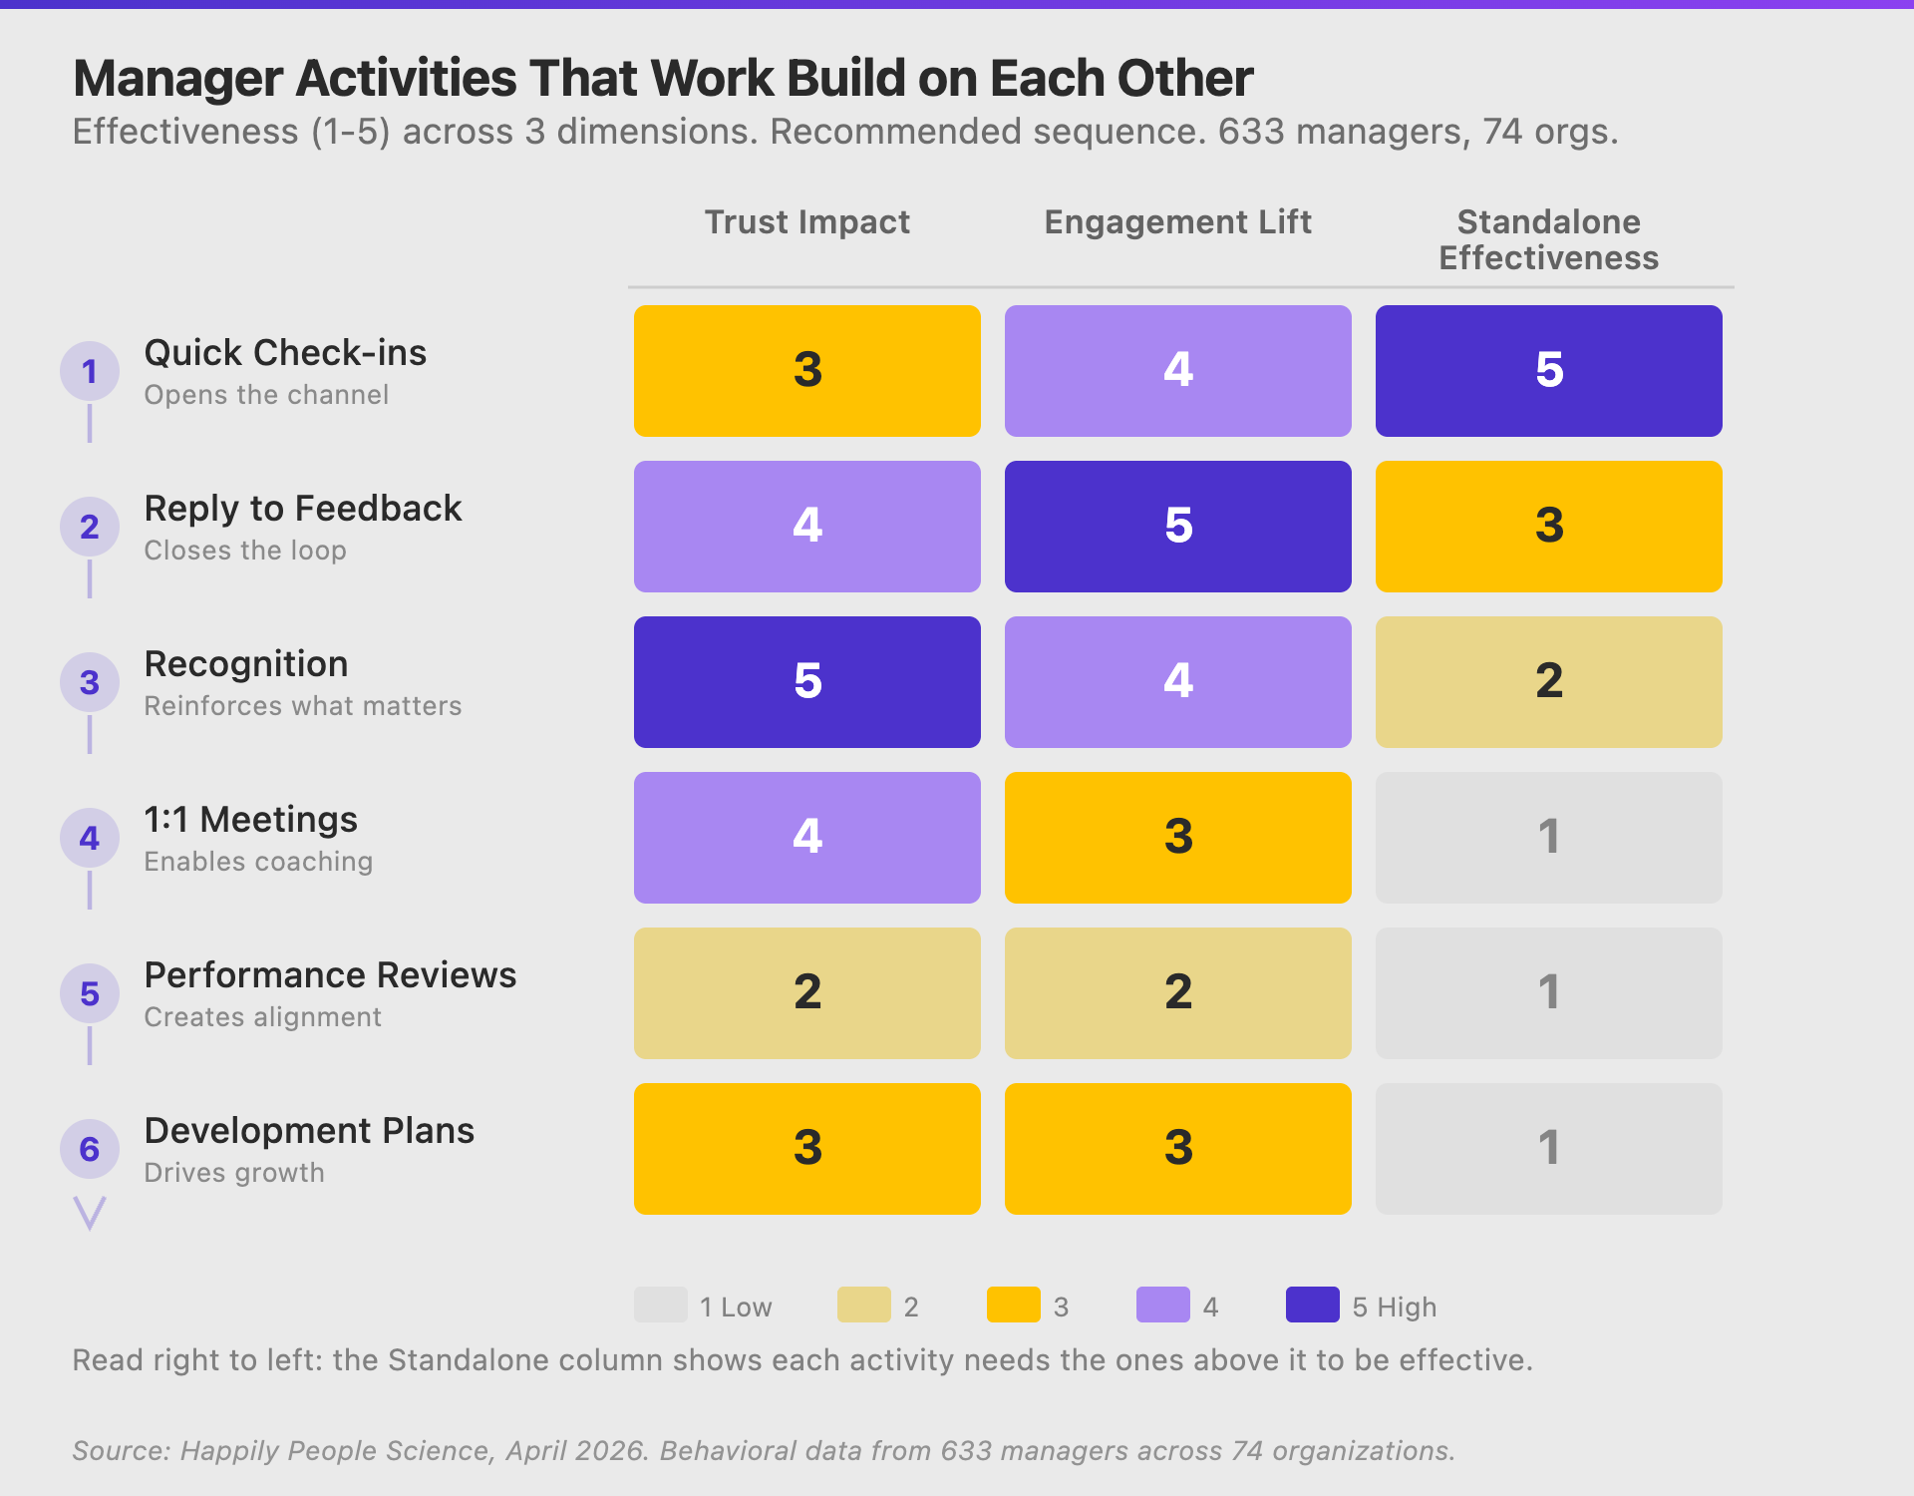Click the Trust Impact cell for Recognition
[806, 681]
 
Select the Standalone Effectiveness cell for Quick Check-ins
[1548, 370]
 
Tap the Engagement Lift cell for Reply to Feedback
[1177, 526]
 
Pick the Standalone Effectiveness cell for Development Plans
[1548, 1148]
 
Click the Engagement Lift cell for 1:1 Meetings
[1177, 837]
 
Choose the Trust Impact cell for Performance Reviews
[806, 992]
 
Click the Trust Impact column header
[806, 221]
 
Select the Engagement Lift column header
[1177, 221]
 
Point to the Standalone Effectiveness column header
[1548, 239]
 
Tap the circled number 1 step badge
[90, 371]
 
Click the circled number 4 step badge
[90, 838]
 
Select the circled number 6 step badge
[90, 1149]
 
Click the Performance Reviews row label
[330, 974]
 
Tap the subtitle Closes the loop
[245, 551]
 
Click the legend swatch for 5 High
[1312, 1305]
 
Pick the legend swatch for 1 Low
[660, 1305]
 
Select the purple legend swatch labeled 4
[1162, 1305]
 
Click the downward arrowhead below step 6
[90, 1213]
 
